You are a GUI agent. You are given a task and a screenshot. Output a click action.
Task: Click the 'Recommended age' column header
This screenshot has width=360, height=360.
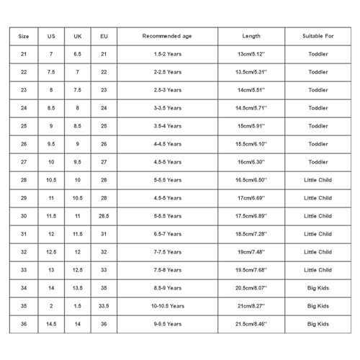click(167, 36)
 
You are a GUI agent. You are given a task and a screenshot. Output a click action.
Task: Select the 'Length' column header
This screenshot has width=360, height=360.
click(252, 36)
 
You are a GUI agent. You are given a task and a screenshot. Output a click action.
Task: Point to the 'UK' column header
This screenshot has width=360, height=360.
click(77, 36)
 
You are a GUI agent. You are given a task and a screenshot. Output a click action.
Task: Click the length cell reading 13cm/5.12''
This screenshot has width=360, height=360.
click(252, 54)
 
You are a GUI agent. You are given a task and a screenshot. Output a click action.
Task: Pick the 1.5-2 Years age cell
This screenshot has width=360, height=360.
click(167, 54)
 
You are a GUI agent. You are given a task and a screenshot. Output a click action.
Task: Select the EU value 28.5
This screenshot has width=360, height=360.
click(104, 216)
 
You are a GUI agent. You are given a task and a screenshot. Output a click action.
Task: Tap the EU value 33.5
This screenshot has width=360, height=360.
click(104, 306)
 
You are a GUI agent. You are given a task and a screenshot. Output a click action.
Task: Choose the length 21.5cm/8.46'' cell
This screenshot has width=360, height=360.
click(252, 324)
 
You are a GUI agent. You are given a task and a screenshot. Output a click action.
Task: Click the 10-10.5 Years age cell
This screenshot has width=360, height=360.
click(167, 306)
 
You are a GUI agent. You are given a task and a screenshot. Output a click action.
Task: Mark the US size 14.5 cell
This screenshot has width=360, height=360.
click(51, 324)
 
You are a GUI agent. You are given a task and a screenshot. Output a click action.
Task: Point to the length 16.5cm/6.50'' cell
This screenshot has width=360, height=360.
click(252, 180)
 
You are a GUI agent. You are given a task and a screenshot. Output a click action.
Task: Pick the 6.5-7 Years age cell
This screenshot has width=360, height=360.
click(167, 234)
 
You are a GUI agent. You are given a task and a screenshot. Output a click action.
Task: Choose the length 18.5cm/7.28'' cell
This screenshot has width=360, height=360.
click(252, 234)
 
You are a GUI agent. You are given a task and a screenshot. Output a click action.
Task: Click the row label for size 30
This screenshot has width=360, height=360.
click(24, 216)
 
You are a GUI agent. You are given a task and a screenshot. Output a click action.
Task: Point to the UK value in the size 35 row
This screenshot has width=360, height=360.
click(77, 306)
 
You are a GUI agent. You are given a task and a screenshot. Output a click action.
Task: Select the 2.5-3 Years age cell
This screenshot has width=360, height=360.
click(167, 90)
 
